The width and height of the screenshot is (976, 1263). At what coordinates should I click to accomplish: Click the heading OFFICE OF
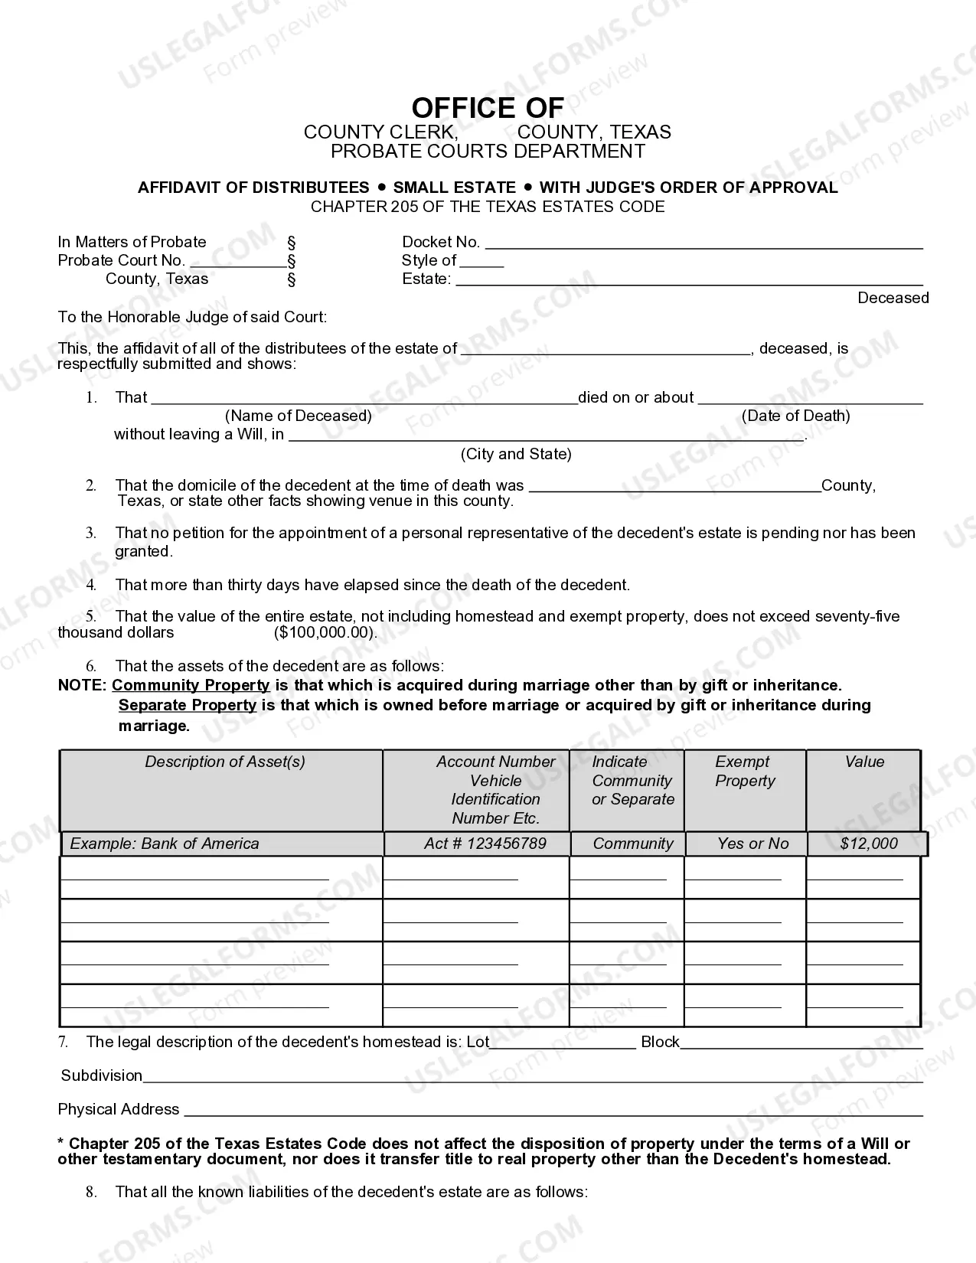pyautogui.click(x=487, y=108)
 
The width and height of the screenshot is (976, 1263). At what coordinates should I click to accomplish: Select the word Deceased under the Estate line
pyautogui.click(x=893, y=298)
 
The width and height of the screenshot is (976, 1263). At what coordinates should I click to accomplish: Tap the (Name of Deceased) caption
pyautogui.click(x=299, y=416)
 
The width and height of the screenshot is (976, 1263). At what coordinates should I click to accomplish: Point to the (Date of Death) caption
pyautogui.click(x=795, y=416)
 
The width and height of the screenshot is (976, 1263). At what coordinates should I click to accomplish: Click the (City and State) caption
pyautogui.click(x=516, y=454)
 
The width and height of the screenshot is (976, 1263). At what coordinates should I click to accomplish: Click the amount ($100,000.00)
pyautogui.click(x=325, y=633)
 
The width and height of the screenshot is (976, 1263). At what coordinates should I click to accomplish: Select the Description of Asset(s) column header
pyautogui.click(x=225, y=762)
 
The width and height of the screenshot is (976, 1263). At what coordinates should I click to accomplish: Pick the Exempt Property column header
pyautogui.click(x=744, y=771)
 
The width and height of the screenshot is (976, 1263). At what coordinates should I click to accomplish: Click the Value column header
pyautogui.click(x=864, y=762)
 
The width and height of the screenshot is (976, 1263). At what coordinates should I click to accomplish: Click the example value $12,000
pyautogui.click(x=869, y=844)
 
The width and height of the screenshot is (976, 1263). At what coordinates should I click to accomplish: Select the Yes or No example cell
pyautogui.click(x=752, y=844)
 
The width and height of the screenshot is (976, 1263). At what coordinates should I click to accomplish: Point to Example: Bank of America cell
pyautogui.click(x=165, y=844)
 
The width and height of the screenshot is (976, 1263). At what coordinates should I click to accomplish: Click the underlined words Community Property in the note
pyautogui.click(x=191, y=685)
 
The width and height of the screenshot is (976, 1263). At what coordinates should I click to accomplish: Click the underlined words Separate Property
pyautogui.click(x=188, y=705)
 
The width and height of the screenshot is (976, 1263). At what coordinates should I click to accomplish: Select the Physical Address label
pyautogui.click(x=119, y=1109)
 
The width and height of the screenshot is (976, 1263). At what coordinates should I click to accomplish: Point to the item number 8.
pyautogui.click(x=91, y=1192)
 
